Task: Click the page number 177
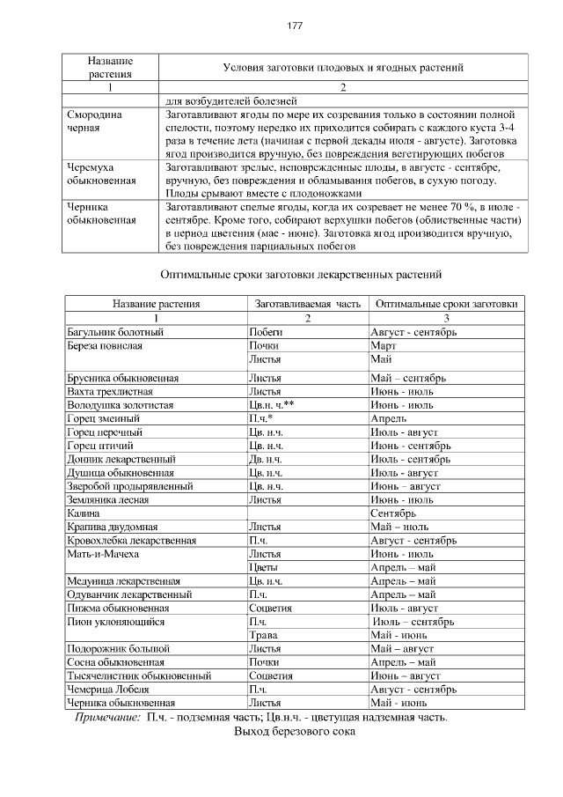pos(295,26)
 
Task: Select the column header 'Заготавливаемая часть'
pos(307,304)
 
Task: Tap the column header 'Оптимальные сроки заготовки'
pos(446,304)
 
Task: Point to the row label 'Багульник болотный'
pos(115,332)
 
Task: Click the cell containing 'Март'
pos(383,346)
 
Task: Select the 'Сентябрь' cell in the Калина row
pos(392,512)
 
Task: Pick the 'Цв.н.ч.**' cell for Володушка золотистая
pos(271,405)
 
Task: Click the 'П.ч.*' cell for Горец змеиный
pos(261,419)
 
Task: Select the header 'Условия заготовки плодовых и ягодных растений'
pos(343,67)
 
